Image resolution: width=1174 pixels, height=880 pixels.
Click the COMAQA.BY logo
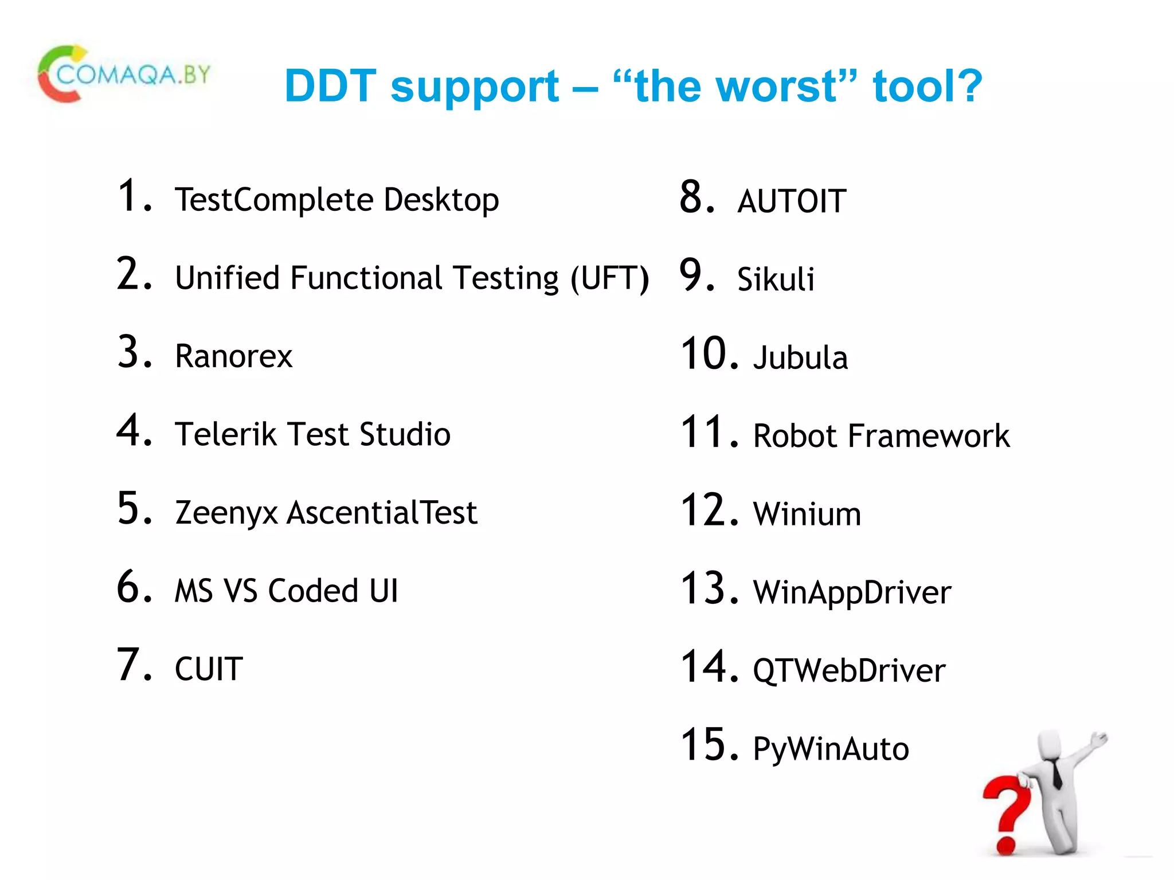[124, 74]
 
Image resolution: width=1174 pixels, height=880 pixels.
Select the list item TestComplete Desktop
[336, 200]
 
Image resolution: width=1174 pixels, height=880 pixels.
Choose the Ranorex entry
[233, 356]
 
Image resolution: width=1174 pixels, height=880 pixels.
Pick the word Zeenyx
[226, 513]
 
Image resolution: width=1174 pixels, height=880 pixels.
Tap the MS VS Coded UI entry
[286, 591]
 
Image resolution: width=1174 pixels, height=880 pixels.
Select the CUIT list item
[209, 669]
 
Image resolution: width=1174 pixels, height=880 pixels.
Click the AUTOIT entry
[792, 201]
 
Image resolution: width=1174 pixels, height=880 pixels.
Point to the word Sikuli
[775, 280]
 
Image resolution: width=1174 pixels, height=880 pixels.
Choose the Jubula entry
[800, 358]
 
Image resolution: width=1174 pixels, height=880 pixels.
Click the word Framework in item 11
[929, 436]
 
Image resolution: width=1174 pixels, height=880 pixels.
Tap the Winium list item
[807, 514]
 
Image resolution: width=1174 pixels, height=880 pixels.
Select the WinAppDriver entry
[852, 592]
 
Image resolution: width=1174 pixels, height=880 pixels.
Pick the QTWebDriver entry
[848, 671]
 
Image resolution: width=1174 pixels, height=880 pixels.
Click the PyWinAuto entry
[831, 749]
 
